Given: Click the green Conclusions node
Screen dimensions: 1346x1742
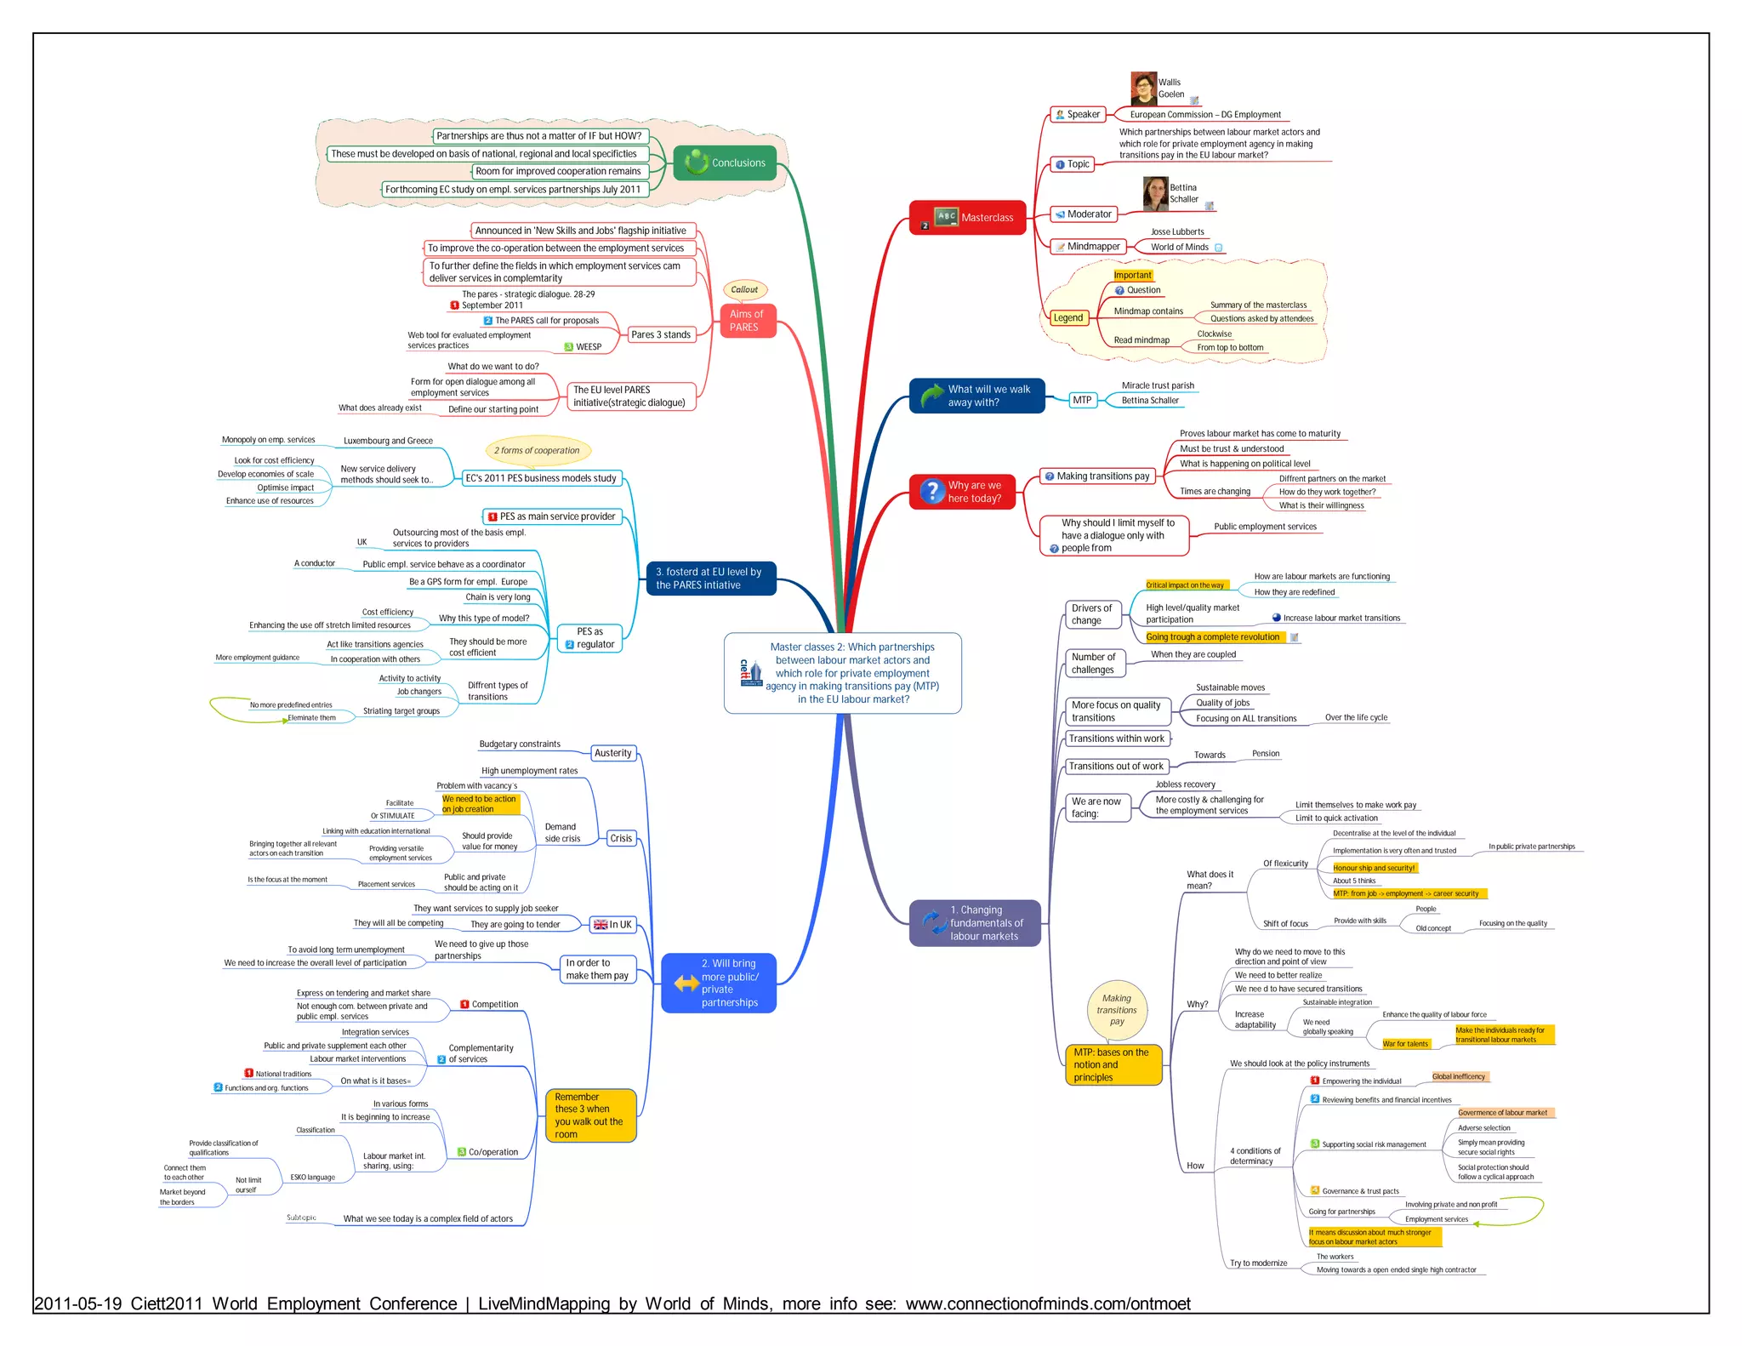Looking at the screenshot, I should [x=725, y=163].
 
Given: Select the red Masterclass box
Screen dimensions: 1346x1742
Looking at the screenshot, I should [x=967, y=218].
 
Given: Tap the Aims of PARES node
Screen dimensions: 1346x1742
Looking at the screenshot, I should [x=746, y=321].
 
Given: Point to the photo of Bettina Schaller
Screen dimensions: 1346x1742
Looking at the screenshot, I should [x=1155, y=194].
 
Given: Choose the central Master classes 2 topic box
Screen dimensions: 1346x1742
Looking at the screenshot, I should [x=842, y=673].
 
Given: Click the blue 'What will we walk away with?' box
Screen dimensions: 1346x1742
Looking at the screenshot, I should [x=976, y=396].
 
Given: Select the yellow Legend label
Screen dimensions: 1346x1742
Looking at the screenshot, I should [x=1067, y=318].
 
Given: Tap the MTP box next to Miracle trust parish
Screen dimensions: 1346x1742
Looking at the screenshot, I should [x=1081, y=400].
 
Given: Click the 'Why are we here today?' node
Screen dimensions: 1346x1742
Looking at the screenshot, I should [x=962, y=492].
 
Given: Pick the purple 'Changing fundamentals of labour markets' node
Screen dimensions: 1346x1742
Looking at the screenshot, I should [x=975, y=923].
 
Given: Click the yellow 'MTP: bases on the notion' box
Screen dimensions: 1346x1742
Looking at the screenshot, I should [x=1113, y=1065].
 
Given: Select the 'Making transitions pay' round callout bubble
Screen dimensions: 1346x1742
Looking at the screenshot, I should [x=1117, y=1010].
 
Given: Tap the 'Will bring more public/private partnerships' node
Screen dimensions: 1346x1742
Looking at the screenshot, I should [x=719, y=984].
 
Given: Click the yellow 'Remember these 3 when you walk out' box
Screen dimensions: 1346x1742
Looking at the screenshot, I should [x=590, y=1115].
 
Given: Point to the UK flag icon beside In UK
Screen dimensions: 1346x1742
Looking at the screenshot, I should [x=601, y=925].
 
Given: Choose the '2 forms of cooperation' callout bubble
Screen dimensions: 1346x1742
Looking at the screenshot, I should [x=537, y=451].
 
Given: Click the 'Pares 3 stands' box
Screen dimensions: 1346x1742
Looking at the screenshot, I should [x=660, y=335].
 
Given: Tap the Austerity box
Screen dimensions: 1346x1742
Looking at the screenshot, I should [x=613, y=753].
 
